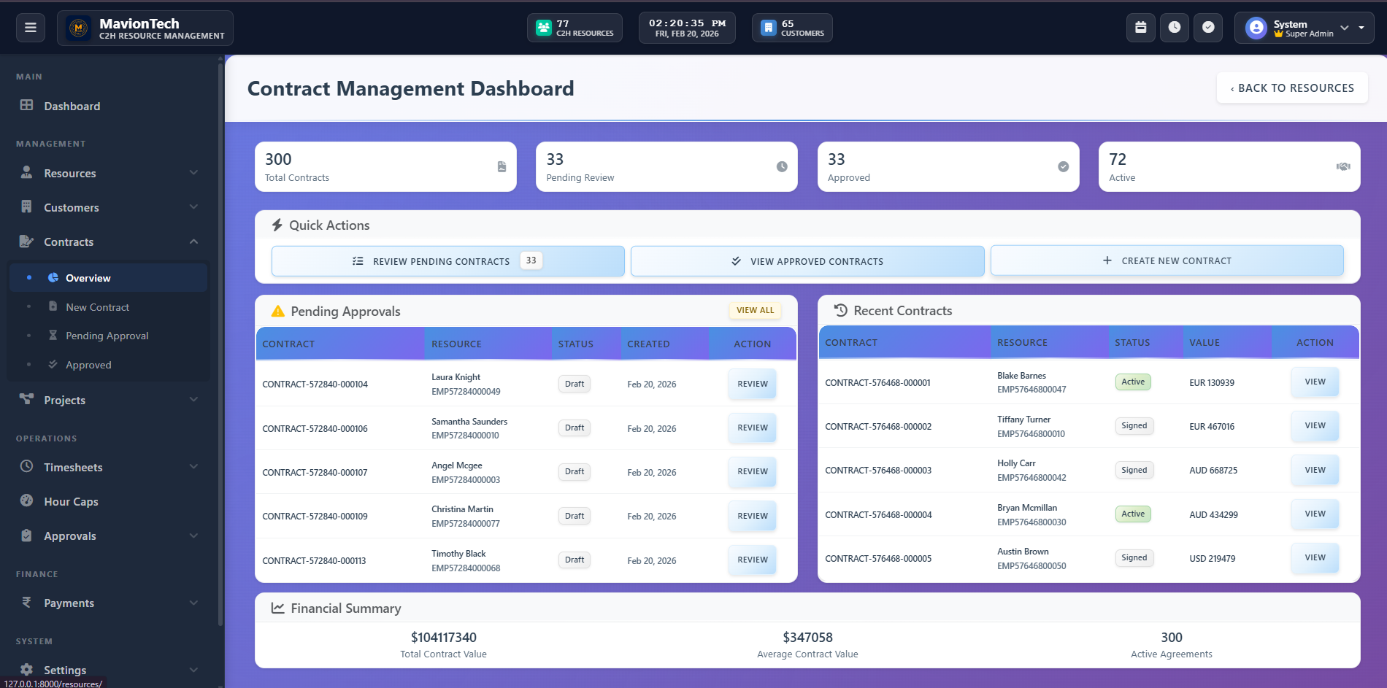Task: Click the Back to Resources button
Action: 1291,88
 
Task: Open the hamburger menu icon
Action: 31,28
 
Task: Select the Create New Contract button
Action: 1167,260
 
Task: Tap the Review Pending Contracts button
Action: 447,261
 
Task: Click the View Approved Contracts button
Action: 807,261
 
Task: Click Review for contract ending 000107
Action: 752,472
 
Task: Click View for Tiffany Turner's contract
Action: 1314,426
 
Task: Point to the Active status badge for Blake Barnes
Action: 1132,382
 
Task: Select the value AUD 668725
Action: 1213,471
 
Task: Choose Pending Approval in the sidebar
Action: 107,336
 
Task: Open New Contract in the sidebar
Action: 97,307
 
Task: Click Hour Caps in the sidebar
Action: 71,502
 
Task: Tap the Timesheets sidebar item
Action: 73,468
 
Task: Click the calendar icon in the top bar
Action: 1140,28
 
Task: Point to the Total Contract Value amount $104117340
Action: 443,638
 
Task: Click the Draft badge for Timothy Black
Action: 574,560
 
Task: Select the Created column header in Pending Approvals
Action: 648,344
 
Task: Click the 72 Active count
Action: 1118,160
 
